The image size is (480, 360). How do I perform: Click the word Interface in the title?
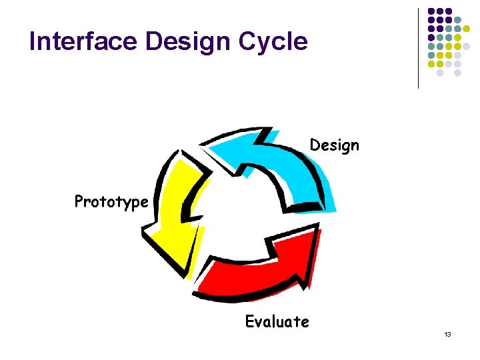(x=83, y=41)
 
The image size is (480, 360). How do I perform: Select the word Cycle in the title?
(x=275, y=42)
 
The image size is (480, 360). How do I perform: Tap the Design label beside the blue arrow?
(x=334, y=145)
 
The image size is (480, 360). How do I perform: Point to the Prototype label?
(x=111, y=201)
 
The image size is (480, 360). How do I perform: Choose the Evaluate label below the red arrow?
(x=277, y=322)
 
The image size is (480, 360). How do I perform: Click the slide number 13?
(x=448, y=334)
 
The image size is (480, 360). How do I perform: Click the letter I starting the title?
(x=33, y=41)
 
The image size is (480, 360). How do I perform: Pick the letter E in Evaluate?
(x=249, y=322)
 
